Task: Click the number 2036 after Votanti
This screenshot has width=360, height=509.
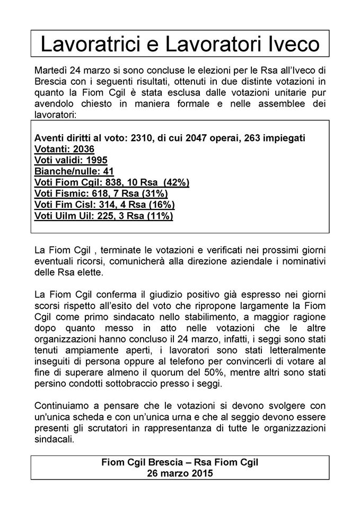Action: coord(82,149)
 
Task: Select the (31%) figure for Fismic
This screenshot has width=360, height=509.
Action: coord(154,194)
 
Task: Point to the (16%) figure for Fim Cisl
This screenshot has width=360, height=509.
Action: coord(161,205)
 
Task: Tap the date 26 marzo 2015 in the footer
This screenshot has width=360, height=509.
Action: coord(180,473)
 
